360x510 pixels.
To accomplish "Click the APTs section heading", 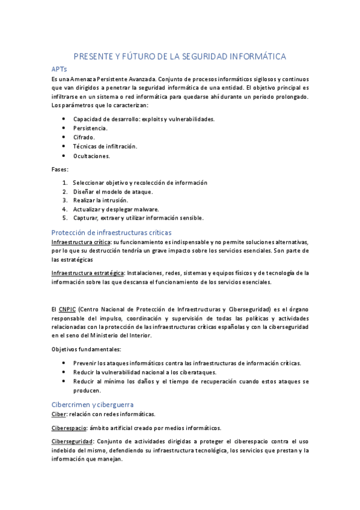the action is [x=61, y=70].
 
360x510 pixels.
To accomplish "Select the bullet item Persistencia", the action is [x=91, y=128].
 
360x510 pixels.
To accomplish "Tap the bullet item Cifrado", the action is [x=84, y=137].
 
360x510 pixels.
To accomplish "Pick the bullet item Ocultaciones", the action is [x=92, y=156].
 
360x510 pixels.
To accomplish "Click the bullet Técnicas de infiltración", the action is [x=105, y=146].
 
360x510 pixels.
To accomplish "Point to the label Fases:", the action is [x=60, y=169].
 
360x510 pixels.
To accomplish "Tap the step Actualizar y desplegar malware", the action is [x=116, y=209].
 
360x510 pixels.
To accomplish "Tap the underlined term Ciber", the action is [x=59, y=414].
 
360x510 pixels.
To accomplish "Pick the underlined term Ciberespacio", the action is [x=69, y=428].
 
